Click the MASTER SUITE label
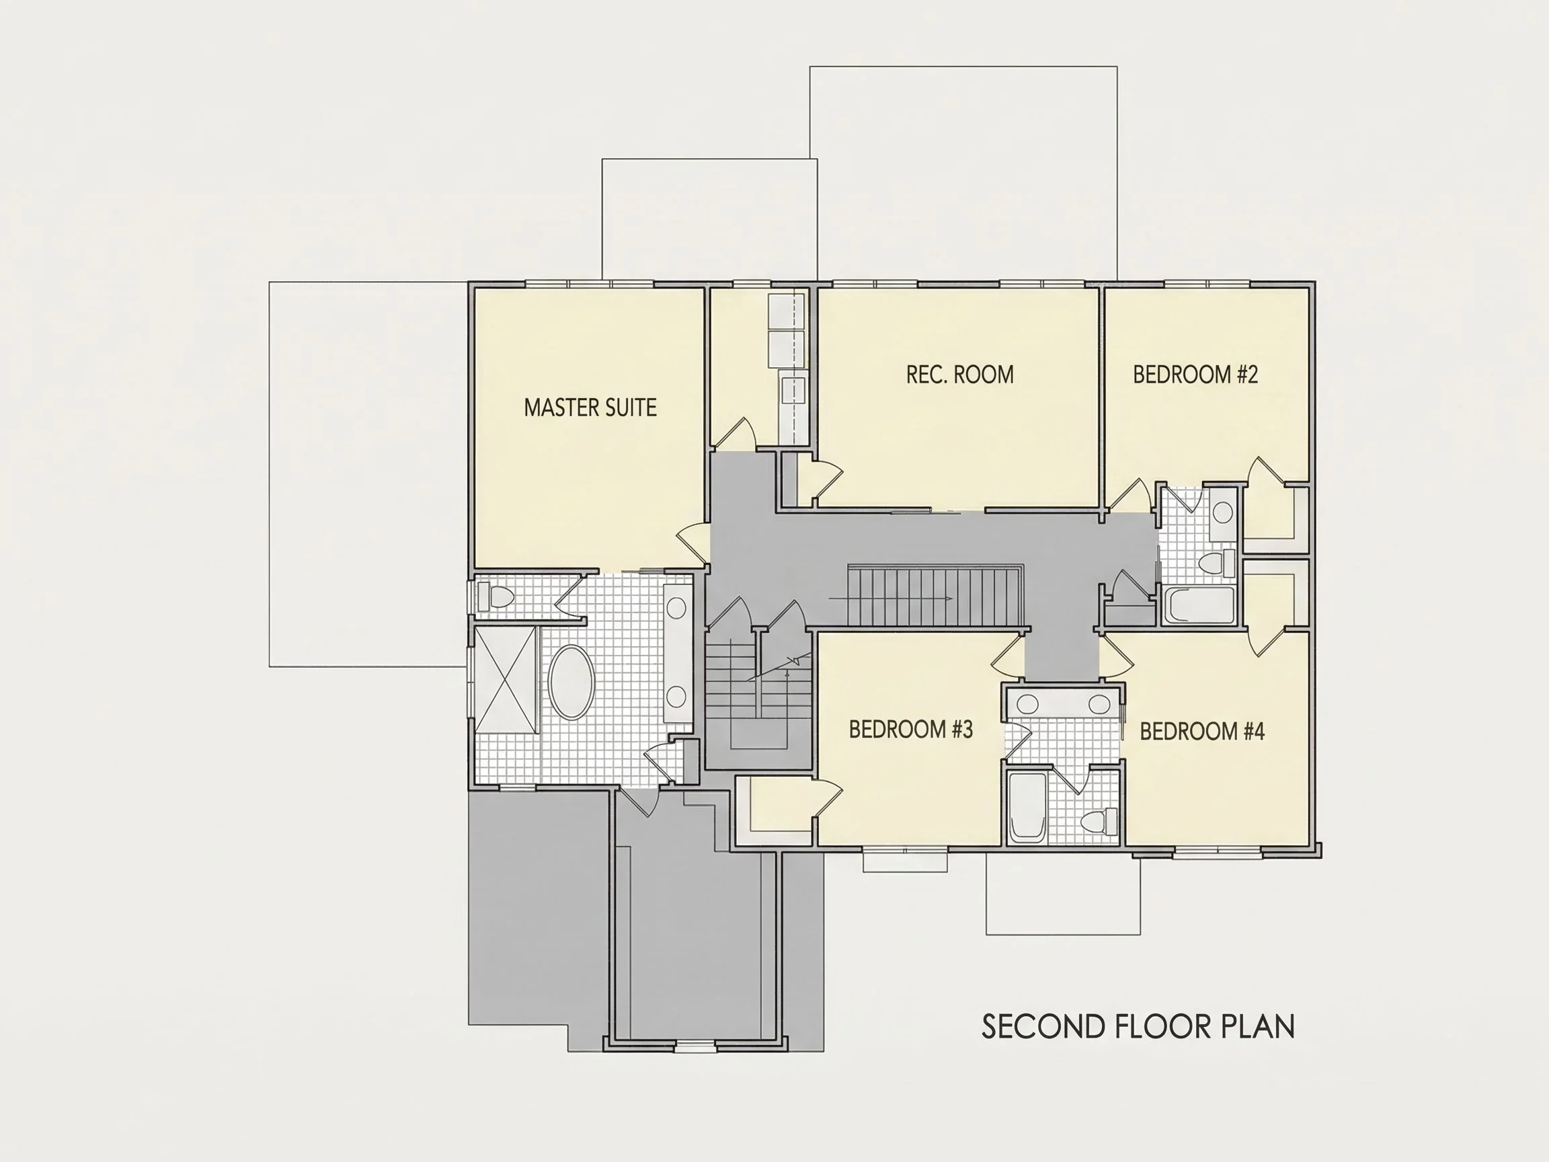pos(590,408)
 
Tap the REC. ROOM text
pos(959,375)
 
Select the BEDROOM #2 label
pos(1195,375)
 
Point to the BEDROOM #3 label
pos(911,729)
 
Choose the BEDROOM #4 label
pos(1202,731)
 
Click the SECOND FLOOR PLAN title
pos(1138,1027)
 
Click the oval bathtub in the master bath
pos(571,683)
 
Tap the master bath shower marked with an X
pos(505,680)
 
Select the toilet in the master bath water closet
pos(495,596)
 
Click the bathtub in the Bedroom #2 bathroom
pos(1199,605)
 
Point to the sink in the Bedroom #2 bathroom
pos(1223,512)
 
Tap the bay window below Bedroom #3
pos(905,860)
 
